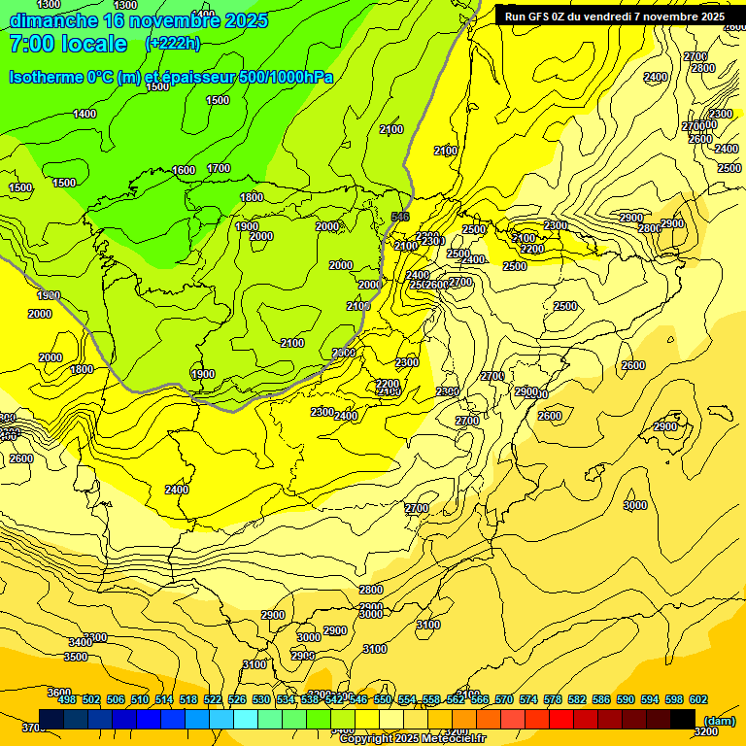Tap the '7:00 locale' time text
click(x=68, y=43)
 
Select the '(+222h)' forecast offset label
click(x=173, y=43)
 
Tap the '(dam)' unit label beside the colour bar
click(x=718, y=721)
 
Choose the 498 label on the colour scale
click(x=67, y=699)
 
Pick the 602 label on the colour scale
click(x=698, y=699)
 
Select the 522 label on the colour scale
click(x=213, y=699)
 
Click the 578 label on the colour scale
click(x=553, y=699)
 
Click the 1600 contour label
click(x=184, y=170)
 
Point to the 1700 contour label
click(x=219, y=168)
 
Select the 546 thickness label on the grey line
click(x=399, y=217)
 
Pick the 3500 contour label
click(x=76, y=657)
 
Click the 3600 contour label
click(x=59, y=693)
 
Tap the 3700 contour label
click(x=33, y=728)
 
